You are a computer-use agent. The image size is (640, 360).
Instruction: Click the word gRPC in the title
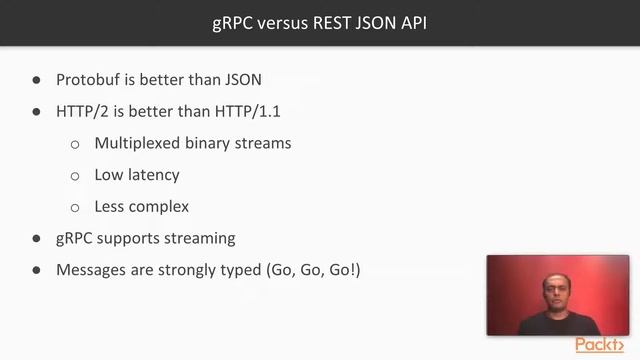tap(233, 23)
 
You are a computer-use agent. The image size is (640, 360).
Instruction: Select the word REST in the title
tap(333, 23)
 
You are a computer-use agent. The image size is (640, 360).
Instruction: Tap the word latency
tap(153, 175)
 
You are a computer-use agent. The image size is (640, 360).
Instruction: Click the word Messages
tap(92, 270)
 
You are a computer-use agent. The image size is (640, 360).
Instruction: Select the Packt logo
tap(600, 345)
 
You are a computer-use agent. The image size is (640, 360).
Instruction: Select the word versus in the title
tap(280, 23)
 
